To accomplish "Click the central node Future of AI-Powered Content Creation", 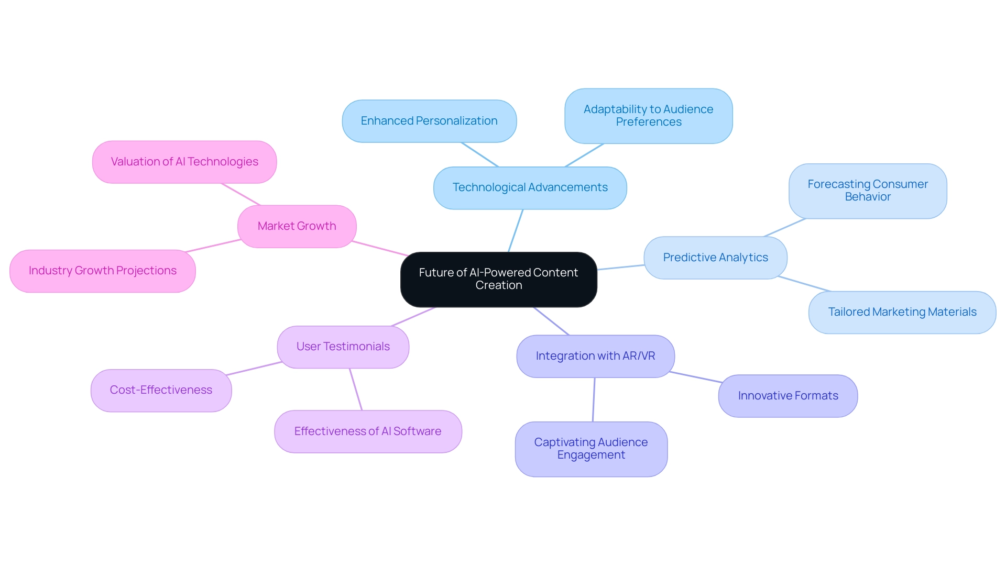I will click(x=498, y=279).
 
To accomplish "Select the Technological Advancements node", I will click(x=530, y=187).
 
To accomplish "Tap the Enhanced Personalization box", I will click(x=429, y=121).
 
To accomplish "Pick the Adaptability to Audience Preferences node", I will click(x=648, y=116).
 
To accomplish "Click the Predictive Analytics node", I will click(x=715, y=258).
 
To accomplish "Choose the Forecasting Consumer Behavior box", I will click(x=867, y=191).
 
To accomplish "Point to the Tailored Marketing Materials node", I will click(x=902, y=312).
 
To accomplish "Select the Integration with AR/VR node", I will click(x=595, y=356).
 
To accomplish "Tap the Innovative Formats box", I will click(x=788, y=396).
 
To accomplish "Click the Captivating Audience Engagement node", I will click(x=591, y=449).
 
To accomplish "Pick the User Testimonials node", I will click(x=343, y=347).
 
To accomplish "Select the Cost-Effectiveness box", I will click(x=161, y=390).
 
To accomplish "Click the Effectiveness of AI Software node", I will click(x=368, y=431).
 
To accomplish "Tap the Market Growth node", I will click(x=297, y=226).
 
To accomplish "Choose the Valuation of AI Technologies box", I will click(x=184, y=162).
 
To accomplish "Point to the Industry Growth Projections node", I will click(x=103, y=271).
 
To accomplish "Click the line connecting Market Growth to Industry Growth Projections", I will click(x=213, y=246).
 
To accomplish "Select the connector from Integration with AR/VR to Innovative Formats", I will click(x=696, y=377).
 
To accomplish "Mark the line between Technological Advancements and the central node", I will click(x=516, y=230).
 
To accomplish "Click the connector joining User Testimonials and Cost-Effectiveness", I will click(x=255, y=368).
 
